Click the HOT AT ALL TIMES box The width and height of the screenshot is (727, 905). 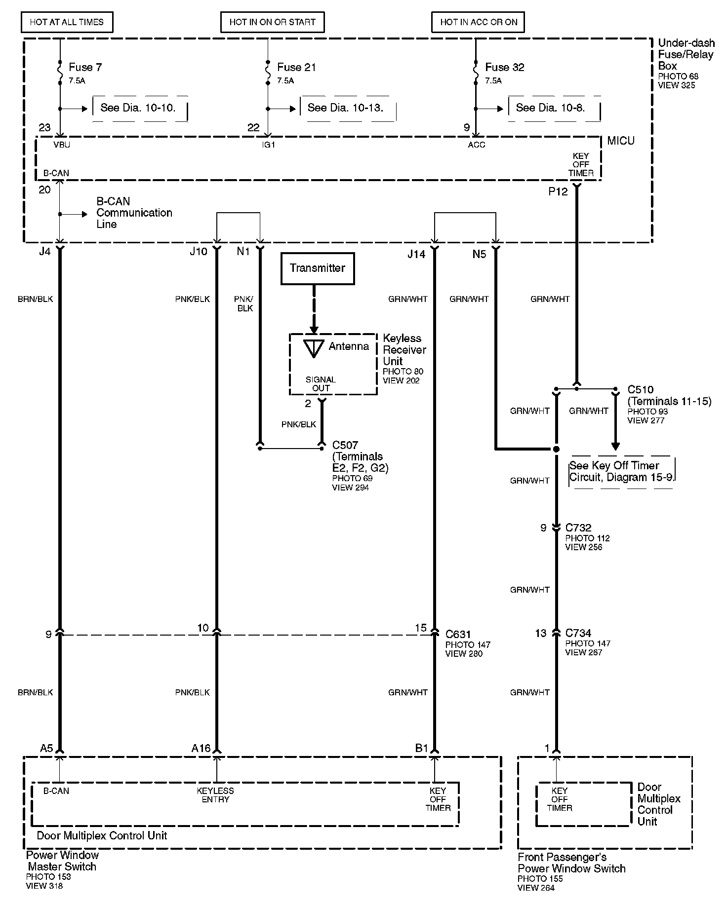(x=67, y=22)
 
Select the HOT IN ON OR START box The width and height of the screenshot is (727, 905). (x=272, y=22)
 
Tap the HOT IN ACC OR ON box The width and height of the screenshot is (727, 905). (x=478, y=22)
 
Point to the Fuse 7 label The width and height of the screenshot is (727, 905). (x=85, y=67)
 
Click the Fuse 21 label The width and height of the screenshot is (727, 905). (x=296, y=67)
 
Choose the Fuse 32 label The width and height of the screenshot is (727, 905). (x=504, y=67)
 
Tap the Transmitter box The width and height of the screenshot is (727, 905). (x=318, y=268)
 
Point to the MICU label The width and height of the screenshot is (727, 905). (x=621, y=141)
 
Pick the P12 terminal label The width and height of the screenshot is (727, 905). (x=558, y=192)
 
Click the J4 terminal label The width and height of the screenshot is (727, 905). (x=44, y=252)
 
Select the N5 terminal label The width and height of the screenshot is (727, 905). (x=479, y=254)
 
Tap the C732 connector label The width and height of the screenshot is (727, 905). (x=578, y=528)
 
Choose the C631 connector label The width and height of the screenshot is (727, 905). (x=458, y=634)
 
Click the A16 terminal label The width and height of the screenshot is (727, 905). (x=201, y=749)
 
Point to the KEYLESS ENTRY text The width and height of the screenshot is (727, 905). (x=215, y=795)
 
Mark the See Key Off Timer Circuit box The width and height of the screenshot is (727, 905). (x=622, y=472)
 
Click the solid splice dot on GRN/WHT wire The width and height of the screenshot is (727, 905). (x=556, y=450)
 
